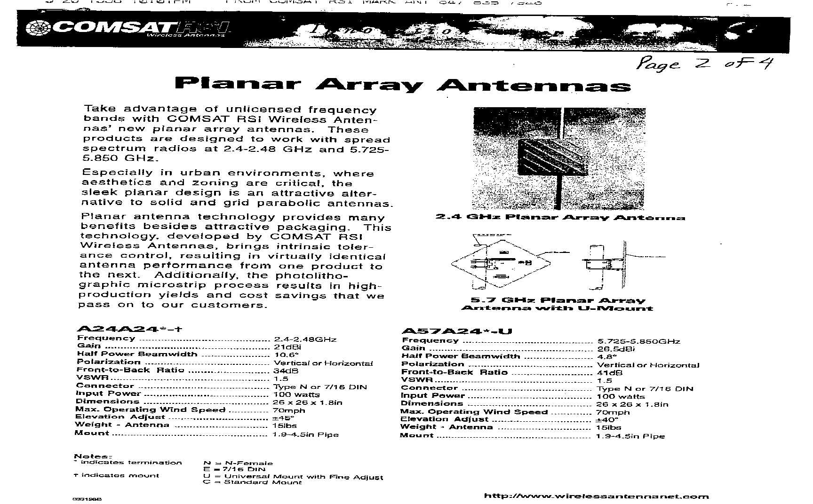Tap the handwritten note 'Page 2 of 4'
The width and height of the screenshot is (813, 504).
[x=703, y=63]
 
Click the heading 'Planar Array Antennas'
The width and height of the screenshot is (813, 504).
[x=402, y=85]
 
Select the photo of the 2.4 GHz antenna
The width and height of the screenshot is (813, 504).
[x=558, y=158]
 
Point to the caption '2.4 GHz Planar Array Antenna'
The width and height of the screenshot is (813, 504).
[x=560, y=217]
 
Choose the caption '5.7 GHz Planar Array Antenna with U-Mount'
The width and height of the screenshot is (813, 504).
[x=558, y=304]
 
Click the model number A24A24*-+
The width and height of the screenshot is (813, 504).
[x=128, y=329]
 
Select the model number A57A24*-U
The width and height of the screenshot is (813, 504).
[x=457, y=331]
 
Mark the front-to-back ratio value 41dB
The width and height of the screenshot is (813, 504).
[x=609, y=372]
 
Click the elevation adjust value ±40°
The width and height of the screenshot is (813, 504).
[x=607, y=419]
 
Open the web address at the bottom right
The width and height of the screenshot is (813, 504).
[x=596, y=496]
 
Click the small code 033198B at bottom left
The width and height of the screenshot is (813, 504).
[x=87, y=499]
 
